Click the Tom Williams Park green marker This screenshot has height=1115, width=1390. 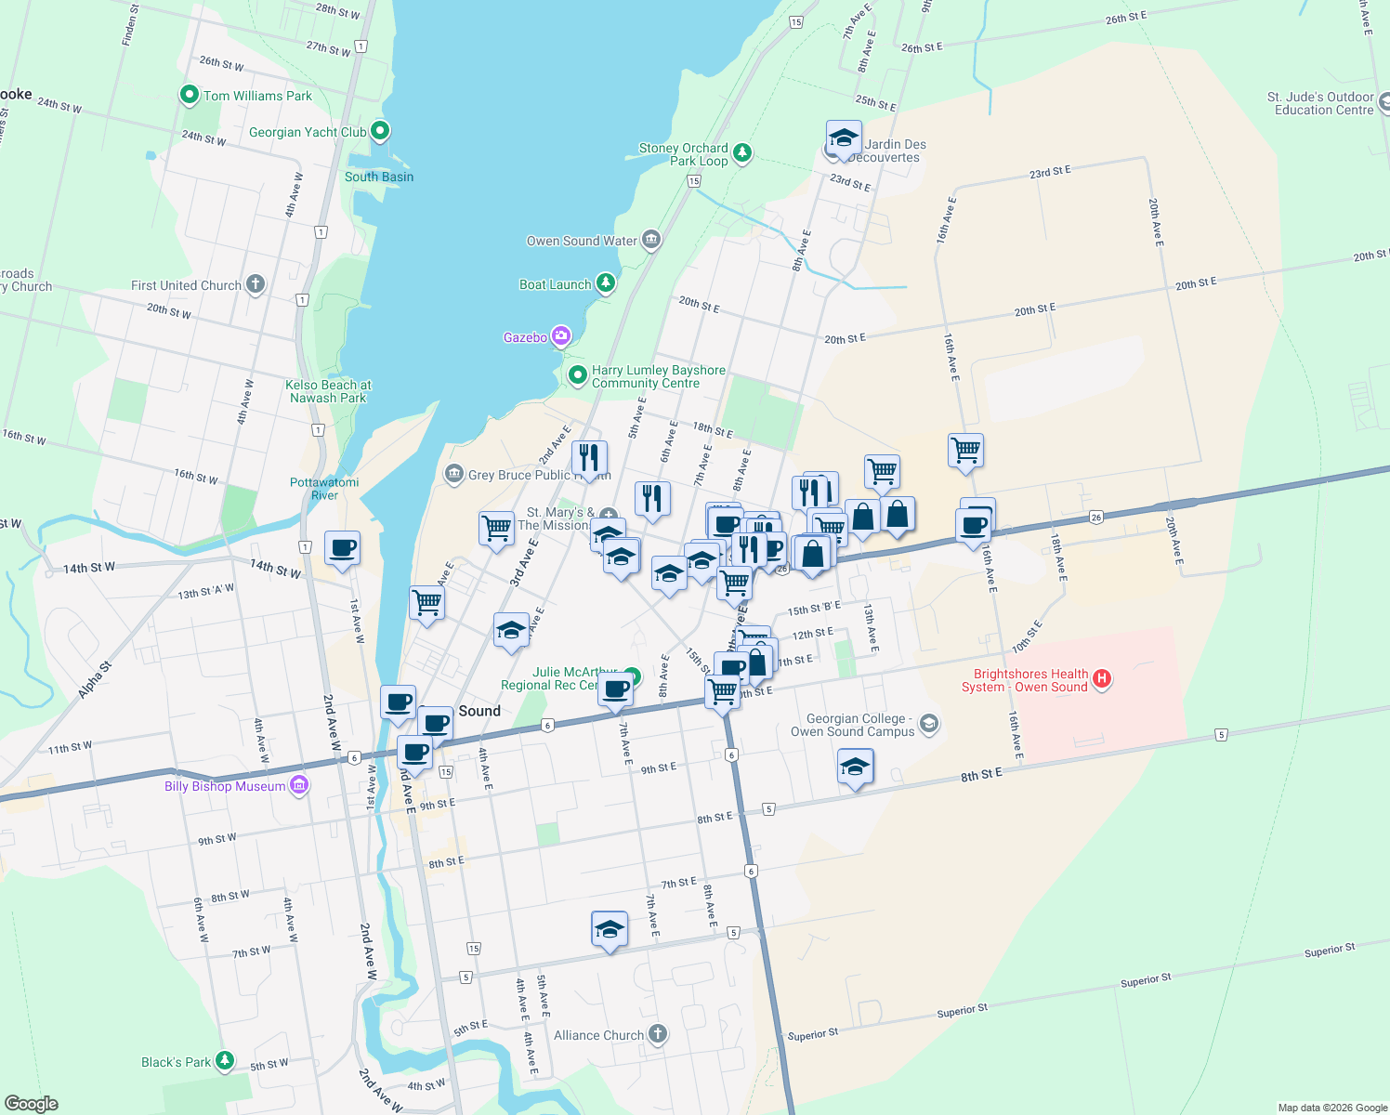[x=190, y=95]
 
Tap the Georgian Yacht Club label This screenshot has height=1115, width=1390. [x=308, y=132]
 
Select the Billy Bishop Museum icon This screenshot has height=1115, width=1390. [x=299, y=786]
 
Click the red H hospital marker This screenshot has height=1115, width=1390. [x=1102, y=679]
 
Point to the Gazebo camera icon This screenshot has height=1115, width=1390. [x=560, y=336]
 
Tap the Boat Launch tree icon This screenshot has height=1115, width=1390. [x=606, y=283]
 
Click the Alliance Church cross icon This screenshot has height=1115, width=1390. [x=657, y=1034]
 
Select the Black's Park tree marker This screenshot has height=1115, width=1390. [x=225, y=1060]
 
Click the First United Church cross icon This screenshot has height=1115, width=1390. [x=256, y=285]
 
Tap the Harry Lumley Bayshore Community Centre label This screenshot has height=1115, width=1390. [x=658, y=376]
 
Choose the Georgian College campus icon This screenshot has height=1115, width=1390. [x=928, y=724]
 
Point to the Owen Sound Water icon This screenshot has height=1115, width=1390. [x=651, y=240]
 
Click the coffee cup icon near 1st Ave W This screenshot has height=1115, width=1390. [x=342, y=547]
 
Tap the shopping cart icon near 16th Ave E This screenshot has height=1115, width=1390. [x=965, y=451]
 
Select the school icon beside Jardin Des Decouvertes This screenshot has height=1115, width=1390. [x=843, y=138]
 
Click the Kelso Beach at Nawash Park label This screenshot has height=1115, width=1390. [x=328, y=391]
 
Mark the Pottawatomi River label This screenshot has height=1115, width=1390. [x=324, y=489]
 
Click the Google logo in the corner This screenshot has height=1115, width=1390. [x=31, y=1103]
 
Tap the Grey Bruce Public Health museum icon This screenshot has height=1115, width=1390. [x=453, y=474]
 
